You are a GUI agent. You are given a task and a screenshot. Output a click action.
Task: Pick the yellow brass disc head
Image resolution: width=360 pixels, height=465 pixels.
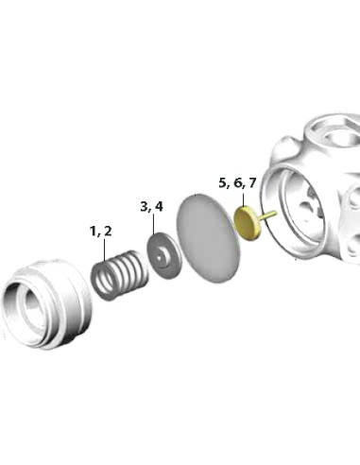247,224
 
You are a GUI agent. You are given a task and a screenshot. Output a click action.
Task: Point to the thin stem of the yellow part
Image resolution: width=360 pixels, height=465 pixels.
268,215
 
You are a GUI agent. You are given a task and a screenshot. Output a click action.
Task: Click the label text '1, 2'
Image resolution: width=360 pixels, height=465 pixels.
101,232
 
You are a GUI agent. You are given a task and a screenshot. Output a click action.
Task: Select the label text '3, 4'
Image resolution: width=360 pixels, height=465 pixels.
152,206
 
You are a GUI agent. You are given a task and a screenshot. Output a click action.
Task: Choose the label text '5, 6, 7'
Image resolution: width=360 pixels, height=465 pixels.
237,181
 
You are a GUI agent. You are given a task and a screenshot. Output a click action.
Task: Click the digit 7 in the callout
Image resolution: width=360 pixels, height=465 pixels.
252,181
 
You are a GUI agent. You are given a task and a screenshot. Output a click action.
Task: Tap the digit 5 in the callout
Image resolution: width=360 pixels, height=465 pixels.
222,181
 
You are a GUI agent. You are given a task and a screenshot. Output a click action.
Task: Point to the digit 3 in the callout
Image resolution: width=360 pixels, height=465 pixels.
145,206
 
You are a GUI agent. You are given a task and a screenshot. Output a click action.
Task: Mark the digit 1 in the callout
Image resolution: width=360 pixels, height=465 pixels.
94,232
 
